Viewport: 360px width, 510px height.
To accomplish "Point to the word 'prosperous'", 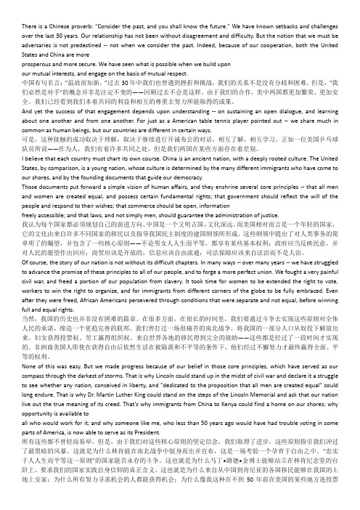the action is click(17, 42).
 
